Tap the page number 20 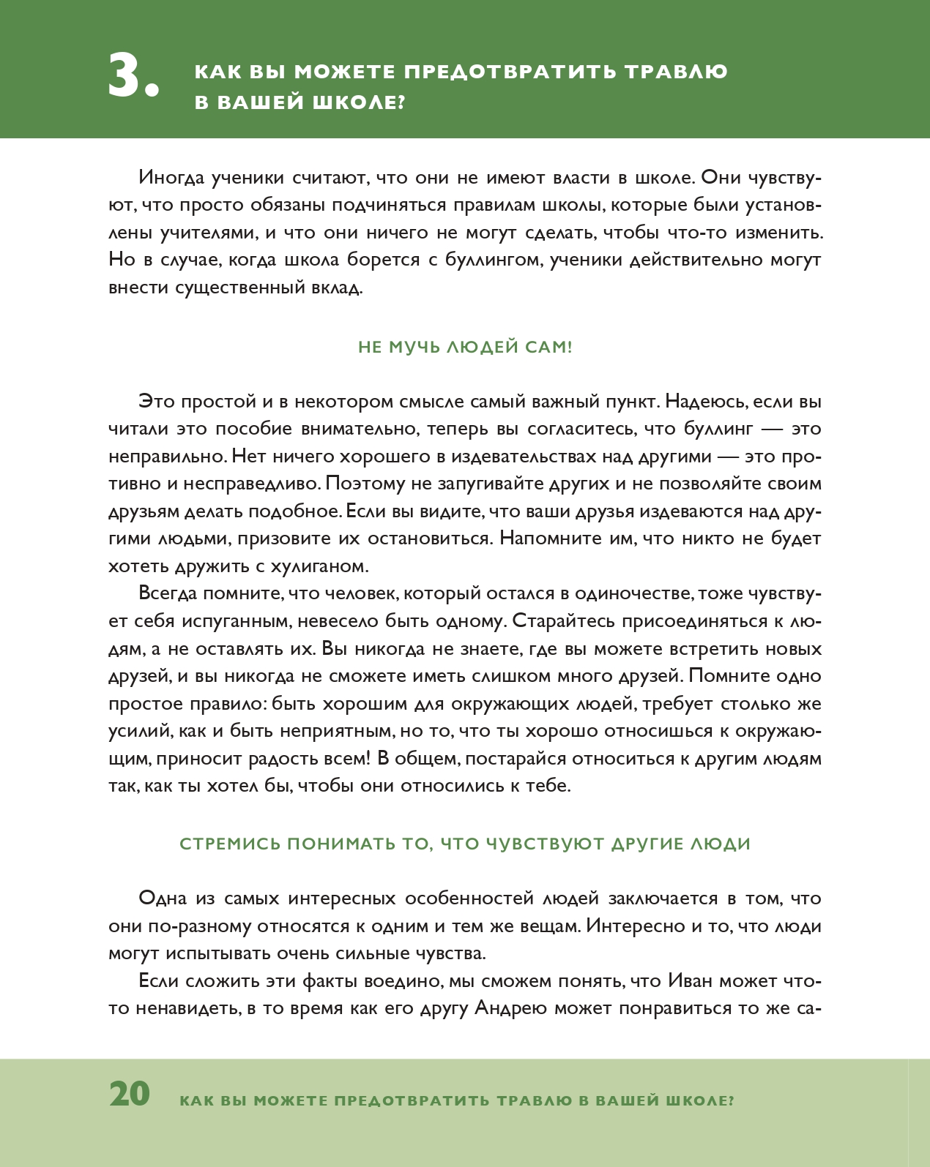(x=130, y=1095)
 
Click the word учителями (x=206, y=233)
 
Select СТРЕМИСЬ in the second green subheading (x=230, y=844)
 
